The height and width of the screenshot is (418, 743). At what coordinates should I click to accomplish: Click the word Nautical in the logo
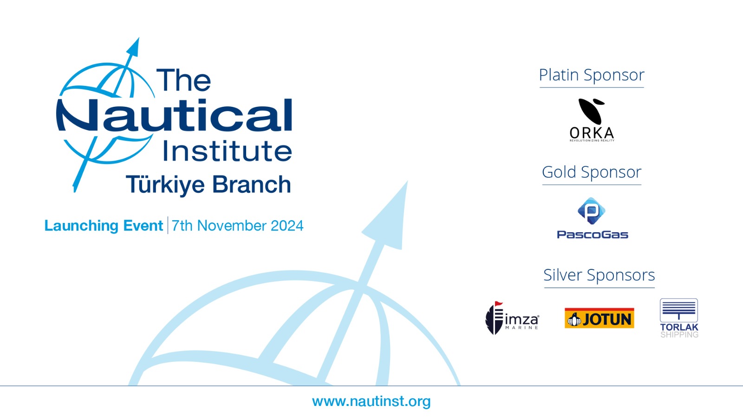(x=174, y=115)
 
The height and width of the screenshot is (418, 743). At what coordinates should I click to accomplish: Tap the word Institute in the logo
(x=227, y=151)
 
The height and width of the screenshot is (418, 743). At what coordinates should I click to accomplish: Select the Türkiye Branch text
(x=209, y=184)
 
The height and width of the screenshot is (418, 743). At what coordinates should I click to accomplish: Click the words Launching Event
(x=104, y=226)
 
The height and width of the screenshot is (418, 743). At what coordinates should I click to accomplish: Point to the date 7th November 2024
(x=237, y=226)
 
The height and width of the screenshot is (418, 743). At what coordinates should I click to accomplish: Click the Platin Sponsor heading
(x=592, y=75)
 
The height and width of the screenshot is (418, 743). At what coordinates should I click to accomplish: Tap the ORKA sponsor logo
(x=592, y=120)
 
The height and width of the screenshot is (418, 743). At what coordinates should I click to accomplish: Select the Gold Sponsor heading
(x=592, y=172)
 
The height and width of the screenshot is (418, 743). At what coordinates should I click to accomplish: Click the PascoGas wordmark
(x=593, y=235)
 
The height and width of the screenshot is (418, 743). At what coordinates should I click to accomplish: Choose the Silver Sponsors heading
(x=599, y=275)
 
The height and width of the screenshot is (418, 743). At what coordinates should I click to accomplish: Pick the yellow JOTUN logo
(x=600, y=318)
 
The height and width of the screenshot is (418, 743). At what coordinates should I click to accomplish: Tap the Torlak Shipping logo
(x=679, y=318)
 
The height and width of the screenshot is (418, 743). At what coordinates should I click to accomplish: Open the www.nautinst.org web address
(x=371, y=401)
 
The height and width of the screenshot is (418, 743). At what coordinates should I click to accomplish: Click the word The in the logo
(x=183, y=79)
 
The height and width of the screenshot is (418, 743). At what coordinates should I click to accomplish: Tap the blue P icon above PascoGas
(x=592, y=211)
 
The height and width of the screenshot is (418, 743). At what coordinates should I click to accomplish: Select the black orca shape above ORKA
(x=592, y=111)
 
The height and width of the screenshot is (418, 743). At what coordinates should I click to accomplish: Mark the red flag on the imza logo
(x=499, y=304)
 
